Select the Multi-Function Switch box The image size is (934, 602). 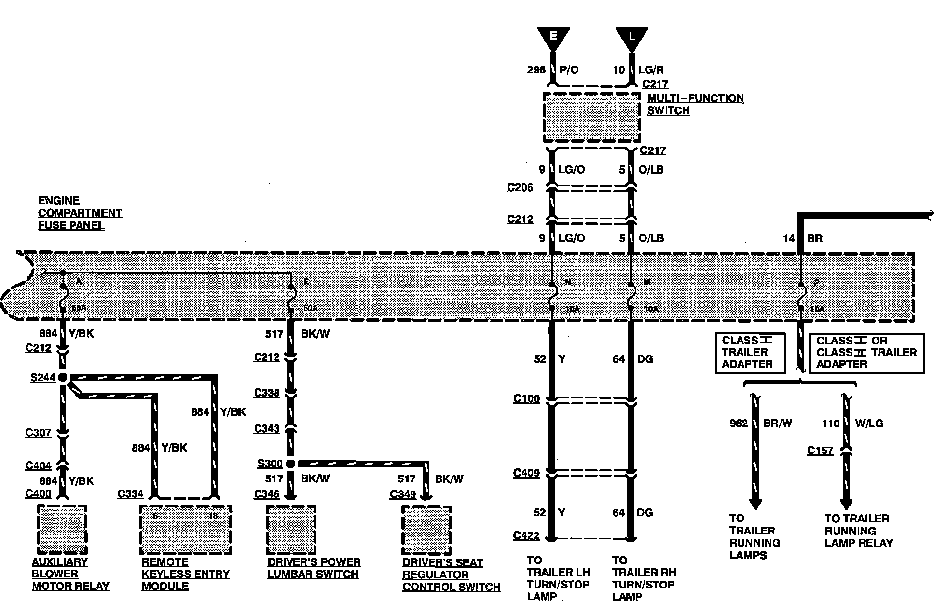pos(592,117)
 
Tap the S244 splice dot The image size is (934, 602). pos(63,378)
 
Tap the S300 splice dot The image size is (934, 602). pos(290,464)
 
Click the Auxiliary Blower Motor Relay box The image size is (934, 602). pos(62,529)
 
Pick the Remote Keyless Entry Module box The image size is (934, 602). pos(186,529)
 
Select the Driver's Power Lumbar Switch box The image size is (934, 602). pos(291,529)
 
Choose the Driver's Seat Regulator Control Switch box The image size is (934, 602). pos(426,530)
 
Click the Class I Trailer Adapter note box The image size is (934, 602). pos(750,353)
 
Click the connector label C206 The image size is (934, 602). pos(520,187)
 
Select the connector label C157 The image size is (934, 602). pos(820,451)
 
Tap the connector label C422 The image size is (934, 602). pos(526,535)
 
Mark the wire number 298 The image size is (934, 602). pos(536,70)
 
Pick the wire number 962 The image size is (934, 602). pos(738,424)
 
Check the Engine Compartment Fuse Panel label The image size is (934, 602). pos(80,213)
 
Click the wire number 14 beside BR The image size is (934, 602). pos(788,238)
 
